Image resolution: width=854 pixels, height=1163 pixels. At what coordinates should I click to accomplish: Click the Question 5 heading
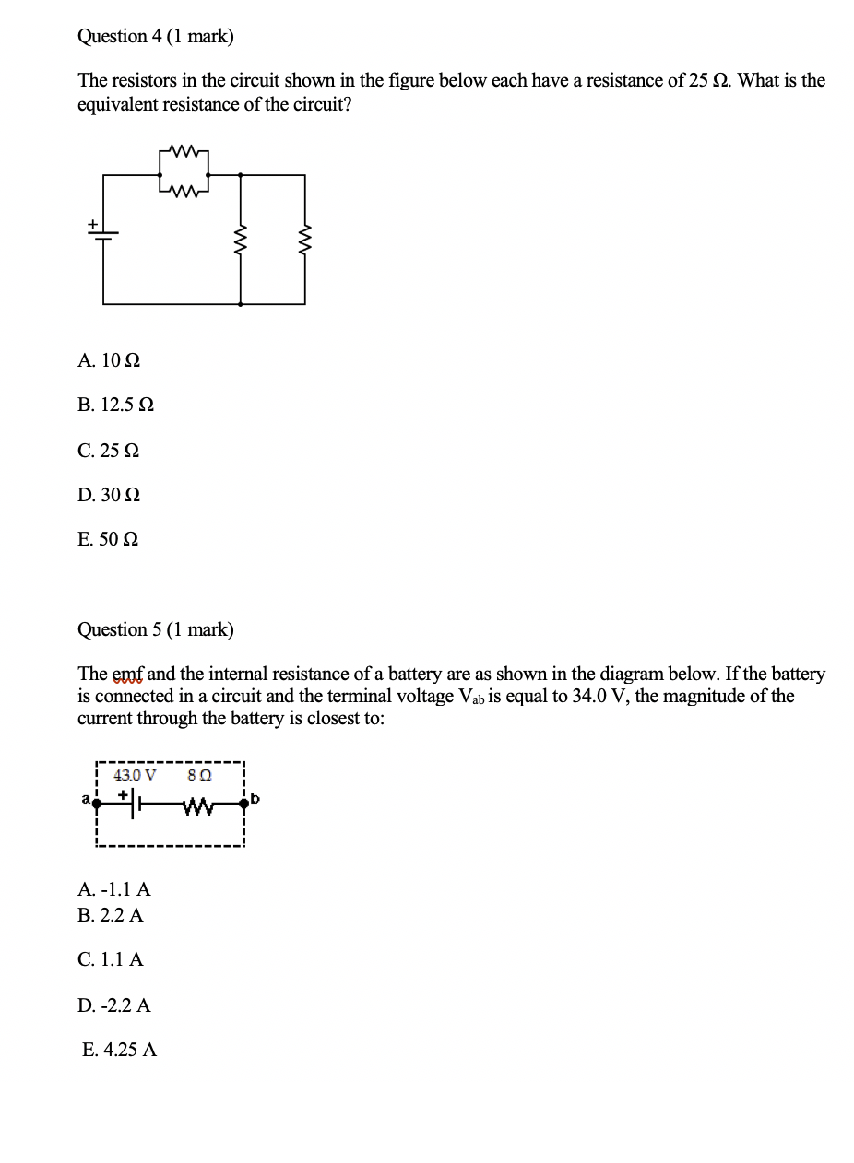coord(156,630)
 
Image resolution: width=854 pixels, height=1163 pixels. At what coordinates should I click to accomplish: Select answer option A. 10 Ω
coord(110,360)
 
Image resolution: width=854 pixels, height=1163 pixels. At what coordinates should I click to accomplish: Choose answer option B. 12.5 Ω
coord(116,405)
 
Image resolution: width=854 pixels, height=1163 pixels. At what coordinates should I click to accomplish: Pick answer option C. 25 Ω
coord(110,451)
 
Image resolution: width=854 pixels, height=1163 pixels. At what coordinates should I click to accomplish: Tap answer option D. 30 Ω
coord(110,496)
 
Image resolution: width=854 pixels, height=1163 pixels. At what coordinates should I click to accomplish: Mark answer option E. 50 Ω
coord(109,540)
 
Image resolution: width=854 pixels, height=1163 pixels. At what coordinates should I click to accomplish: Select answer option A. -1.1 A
coord(115,890)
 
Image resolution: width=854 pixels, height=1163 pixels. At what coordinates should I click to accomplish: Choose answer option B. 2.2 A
coord(112,916)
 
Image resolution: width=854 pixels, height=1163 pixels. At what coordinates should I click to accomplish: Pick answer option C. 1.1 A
coord(112,960)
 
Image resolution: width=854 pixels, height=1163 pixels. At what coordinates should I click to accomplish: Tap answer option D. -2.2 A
coord(115,1005)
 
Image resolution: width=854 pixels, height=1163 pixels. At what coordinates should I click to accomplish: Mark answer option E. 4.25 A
coord(120,1051)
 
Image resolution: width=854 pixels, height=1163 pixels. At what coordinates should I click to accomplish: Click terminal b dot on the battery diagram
coord(244,804)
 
